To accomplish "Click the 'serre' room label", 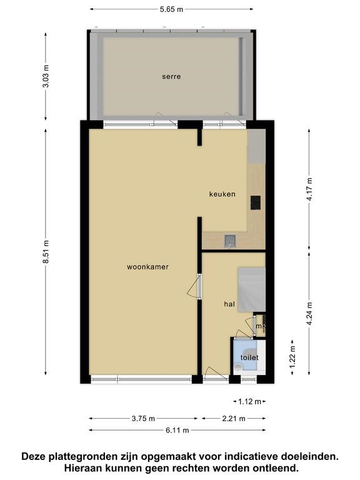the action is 171,76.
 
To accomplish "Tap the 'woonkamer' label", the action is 147,267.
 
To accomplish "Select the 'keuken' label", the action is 222,194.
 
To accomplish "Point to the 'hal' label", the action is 229,304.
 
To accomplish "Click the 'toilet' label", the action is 249,357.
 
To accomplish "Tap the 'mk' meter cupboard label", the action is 261,326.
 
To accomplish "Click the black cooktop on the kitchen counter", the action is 255,202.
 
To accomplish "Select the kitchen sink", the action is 229,241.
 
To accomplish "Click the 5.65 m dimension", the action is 171,9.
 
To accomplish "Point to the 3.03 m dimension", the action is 46,76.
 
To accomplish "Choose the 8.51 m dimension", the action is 46,252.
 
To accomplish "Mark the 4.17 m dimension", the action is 309,189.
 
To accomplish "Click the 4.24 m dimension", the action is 309,314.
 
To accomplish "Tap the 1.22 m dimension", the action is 292,357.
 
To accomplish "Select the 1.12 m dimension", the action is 249,401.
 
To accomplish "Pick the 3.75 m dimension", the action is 143,419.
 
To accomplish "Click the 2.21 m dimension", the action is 234,419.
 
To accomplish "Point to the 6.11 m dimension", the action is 177,430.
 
